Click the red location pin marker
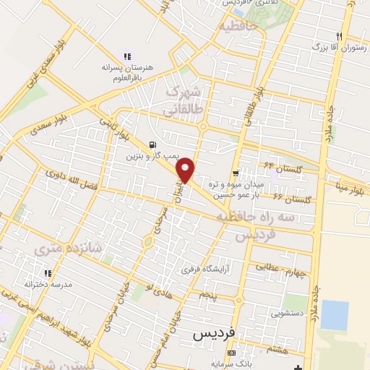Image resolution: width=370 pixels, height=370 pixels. click(x=186, y=169)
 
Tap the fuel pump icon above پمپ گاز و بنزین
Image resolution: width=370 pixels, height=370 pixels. click(x=152, y=144)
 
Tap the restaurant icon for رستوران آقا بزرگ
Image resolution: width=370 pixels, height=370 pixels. click(x=338, y=36)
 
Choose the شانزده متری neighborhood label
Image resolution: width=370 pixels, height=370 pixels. click(x=69, y=249)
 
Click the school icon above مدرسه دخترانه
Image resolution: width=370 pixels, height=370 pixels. click(x=48, y=273)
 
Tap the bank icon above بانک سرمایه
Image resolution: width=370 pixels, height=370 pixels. click(x=231, y=353)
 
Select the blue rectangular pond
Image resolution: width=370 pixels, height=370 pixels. click(x=334, y=314)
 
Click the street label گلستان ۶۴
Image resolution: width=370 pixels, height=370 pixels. click(x=277, y=166)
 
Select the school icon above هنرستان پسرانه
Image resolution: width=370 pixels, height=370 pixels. click(x=128, y=56)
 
